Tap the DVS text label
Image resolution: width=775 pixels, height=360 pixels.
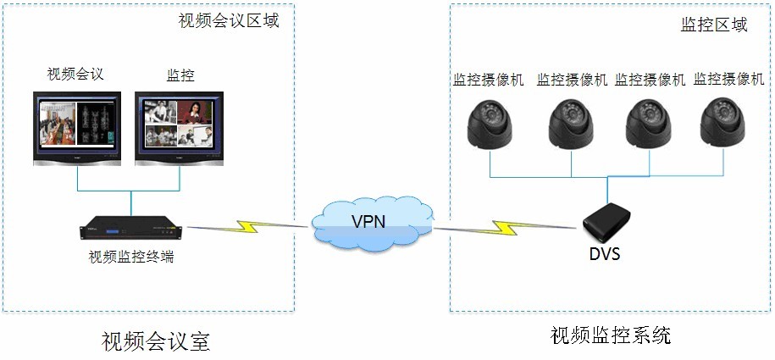tap(605, 252)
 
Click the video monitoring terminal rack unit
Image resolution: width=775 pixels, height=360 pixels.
tap(132, 228)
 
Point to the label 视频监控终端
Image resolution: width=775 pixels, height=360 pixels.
tap(131, 255)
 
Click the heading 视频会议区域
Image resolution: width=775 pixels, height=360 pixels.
tap(229, 21)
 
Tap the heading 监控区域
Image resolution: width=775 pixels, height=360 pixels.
tap(714, 25)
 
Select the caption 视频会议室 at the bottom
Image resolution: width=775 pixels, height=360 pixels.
tap(155, 341)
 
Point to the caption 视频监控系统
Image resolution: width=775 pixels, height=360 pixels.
tap(610, 335)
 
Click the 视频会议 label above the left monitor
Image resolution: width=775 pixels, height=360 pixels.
tap(75, 74)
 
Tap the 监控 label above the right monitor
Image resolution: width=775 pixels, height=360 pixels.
tap(181, 75)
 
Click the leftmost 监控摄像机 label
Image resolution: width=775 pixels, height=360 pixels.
tap(489, 80)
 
